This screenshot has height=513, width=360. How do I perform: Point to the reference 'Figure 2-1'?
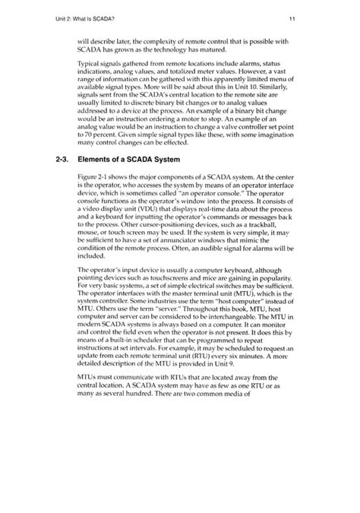click(95, 177)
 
